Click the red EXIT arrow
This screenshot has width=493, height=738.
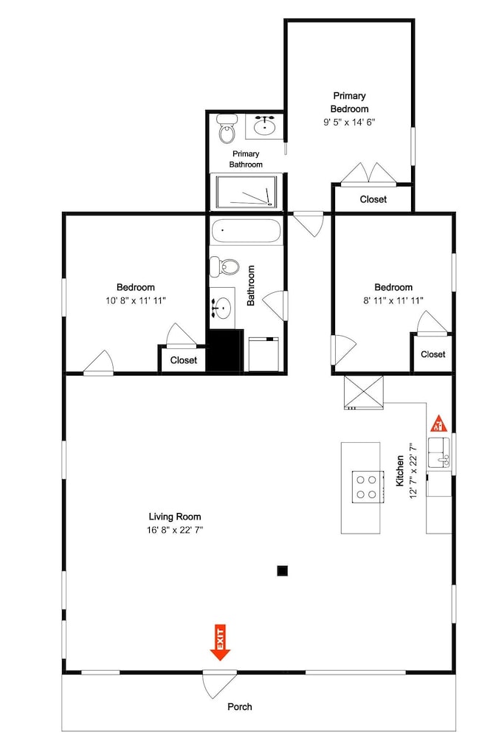tap(220, 643)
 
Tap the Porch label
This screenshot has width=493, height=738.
tap(240, 706)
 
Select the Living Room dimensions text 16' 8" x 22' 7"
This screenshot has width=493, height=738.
tap(175, 530)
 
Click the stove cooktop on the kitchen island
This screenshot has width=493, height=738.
tap(366, 487)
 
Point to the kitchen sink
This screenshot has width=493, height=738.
tap(440, 454)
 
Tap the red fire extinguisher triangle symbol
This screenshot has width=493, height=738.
tap(439, 424)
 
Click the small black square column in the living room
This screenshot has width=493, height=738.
tap(282, 571)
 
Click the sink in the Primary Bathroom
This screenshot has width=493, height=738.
tap(265, 125)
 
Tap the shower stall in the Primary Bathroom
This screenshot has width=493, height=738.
tap(245, 192)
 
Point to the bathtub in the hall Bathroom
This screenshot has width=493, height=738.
tap(246, 231)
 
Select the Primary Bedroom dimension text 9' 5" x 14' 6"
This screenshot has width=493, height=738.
tap(349, 123)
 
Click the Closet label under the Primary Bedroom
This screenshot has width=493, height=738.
tap(373, 199)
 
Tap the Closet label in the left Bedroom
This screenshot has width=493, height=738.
tap(184, 360)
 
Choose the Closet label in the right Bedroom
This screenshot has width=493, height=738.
tap(432, 354)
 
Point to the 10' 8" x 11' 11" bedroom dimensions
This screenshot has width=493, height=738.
tap(136, 300)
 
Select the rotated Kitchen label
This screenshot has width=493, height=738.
tap(400, 471)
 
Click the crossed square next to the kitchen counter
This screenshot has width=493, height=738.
tap(364, 392)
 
